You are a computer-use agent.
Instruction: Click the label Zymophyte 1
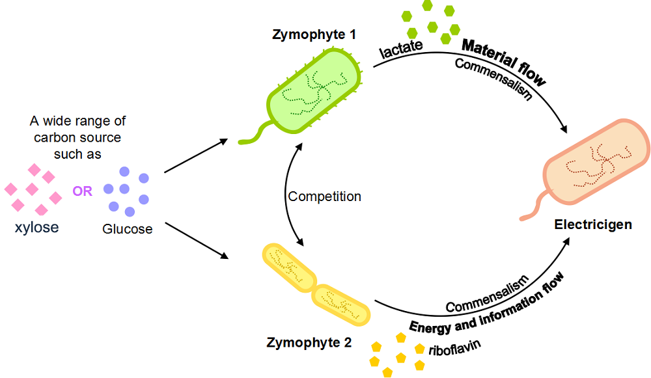click(x=314, y=34)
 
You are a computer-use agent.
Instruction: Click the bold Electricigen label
click(x=593, y=224)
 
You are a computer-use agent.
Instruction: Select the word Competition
click(x=324, y=196)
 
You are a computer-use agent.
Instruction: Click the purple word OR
click(x=83, y=192)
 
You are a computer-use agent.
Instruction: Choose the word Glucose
click(x=127, y=229)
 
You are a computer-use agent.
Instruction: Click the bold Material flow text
click(x=503, y=62)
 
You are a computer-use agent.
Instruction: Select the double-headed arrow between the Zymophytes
click(x=291, y=196)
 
